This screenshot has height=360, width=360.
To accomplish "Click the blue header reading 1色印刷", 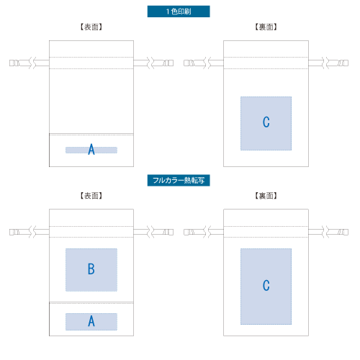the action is click(179, 12).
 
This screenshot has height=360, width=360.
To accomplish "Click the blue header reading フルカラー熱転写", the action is click(179, 180).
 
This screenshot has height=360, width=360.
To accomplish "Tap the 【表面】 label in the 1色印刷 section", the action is click(91, 27).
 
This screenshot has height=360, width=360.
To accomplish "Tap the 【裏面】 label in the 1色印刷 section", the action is click(266, 27).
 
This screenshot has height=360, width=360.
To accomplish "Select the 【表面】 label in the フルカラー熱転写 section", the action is click(91, 196).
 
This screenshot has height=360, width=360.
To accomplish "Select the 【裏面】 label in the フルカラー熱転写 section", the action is click(266, 196).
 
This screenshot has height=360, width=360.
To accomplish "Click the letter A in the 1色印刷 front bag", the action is click(91, 149).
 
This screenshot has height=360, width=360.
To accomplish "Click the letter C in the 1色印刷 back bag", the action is click(266, 122).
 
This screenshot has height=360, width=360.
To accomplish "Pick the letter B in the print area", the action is click(91, 269).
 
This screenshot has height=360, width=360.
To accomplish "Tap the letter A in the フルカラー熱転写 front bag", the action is click(91, 321).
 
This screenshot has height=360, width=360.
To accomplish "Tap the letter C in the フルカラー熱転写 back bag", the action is click(266, 285).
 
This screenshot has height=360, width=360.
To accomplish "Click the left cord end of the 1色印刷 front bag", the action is click(14, 63).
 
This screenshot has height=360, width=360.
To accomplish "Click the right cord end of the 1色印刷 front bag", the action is click(168, 63).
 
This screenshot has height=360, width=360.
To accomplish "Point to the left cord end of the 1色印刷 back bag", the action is click(189, 63).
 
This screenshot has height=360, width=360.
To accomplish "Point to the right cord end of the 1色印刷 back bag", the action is click(343, 63).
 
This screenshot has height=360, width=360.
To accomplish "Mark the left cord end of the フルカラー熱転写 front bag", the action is click(14, 232).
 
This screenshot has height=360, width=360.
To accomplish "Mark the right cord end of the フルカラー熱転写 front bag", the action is click(168, 232).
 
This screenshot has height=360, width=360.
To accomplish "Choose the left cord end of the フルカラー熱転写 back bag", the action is click(189, 232).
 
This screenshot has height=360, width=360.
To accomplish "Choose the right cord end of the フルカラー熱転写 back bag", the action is click(343, 232).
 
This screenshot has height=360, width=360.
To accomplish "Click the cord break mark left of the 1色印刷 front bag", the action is click(32, 63).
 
